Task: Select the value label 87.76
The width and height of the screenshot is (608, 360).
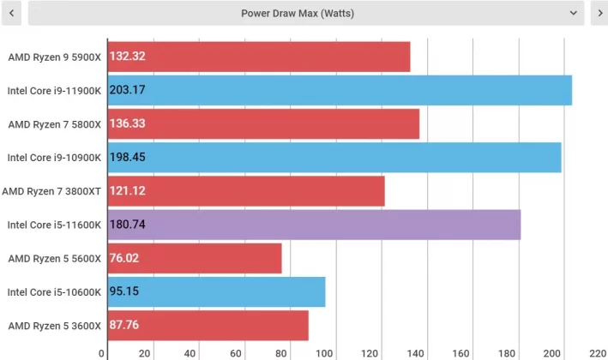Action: pos(125,326)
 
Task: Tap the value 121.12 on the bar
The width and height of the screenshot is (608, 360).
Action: pos(127,190)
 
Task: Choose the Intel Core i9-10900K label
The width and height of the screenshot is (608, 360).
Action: pos(54,157)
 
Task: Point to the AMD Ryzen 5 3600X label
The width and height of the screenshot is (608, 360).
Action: pos(54,326)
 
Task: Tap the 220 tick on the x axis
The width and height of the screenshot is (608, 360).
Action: pos(598,353)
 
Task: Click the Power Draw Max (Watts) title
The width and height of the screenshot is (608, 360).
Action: pos(298,13)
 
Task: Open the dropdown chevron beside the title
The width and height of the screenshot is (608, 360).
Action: pos(573,13)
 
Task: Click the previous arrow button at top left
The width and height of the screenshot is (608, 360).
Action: pos(12,13)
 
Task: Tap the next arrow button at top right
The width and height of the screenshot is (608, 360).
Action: pos(598,13)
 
